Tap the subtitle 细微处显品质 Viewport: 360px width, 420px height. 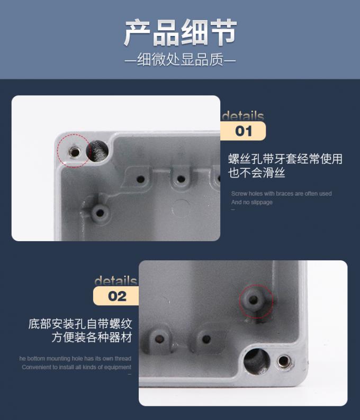[x=180, y=60]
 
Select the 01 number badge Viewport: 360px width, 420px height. [x=243, y=131]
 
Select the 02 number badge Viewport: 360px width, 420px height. [x=117, y=296]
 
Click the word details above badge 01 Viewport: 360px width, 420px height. [x=242, y=116]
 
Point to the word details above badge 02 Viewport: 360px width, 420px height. [x=115, y=281]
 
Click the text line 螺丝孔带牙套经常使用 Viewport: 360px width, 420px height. [x=285, y=159]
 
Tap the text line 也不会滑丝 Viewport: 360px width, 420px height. [x=256, y=173]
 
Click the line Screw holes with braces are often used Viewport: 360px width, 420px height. [x=281, y=194]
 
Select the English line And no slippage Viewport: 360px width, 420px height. [x=251, y=202]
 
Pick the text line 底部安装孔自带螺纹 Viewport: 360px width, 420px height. [x=80, y=324]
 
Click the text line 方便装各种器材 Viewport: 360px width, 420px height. [x=92, y=337]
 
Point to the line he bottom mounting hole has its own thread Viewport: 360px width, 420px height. [x=75, y=359]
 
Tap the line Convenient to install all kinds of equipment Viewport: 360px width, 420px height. [x=76, y=367]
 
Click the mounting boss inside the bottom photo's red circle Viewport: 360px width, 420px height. [x=255, y=300]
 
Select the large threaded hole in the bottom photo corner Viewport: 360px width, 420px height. [x=257, y=361]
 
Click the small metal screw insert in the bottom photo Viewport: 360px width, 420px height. [x=284, y=362]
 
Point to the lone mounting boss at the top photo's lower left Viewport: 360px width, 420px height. [x=98, y=213]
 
